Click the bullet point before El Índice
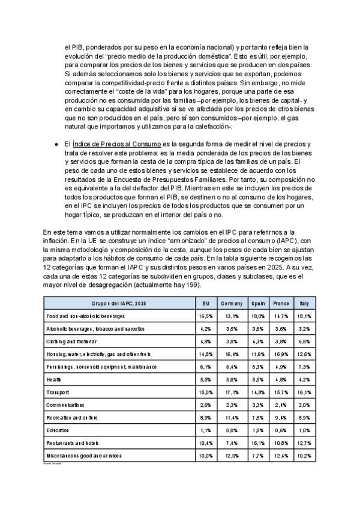(x=56, y=145)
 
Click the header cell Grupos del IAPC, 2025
(x=119, y=304)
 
